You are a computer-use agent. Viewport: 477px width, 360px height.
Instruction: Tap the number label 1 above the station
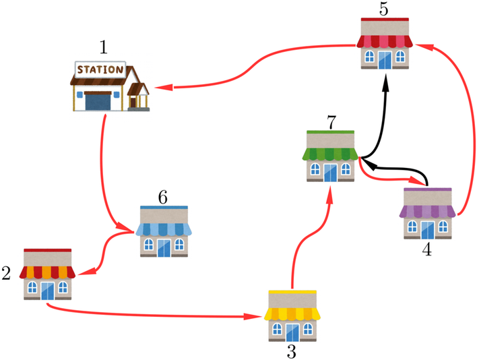[103, 47]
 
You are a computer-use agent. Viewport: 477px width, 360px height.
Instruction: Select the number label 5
[383, 9]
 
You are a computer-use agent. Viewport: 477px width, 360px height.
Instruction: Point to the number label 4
[426, 248]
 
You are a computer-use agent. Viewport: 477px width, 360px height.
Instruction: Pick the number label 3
[291, 351]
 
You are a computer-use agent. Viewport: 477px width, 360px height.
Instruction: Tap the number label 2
[7, 273]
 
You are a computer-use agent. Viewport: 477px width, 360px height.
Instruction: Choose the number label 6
[162, 197]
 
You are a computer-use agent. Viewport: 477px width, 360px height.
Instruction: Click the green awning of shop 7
[329, 154]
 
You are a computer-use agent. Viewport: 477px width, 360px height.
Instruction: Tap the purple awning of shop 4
[427, 211]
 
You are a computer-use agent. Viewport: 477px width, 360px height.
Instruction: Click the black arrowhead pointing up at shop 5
[386, 81]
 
